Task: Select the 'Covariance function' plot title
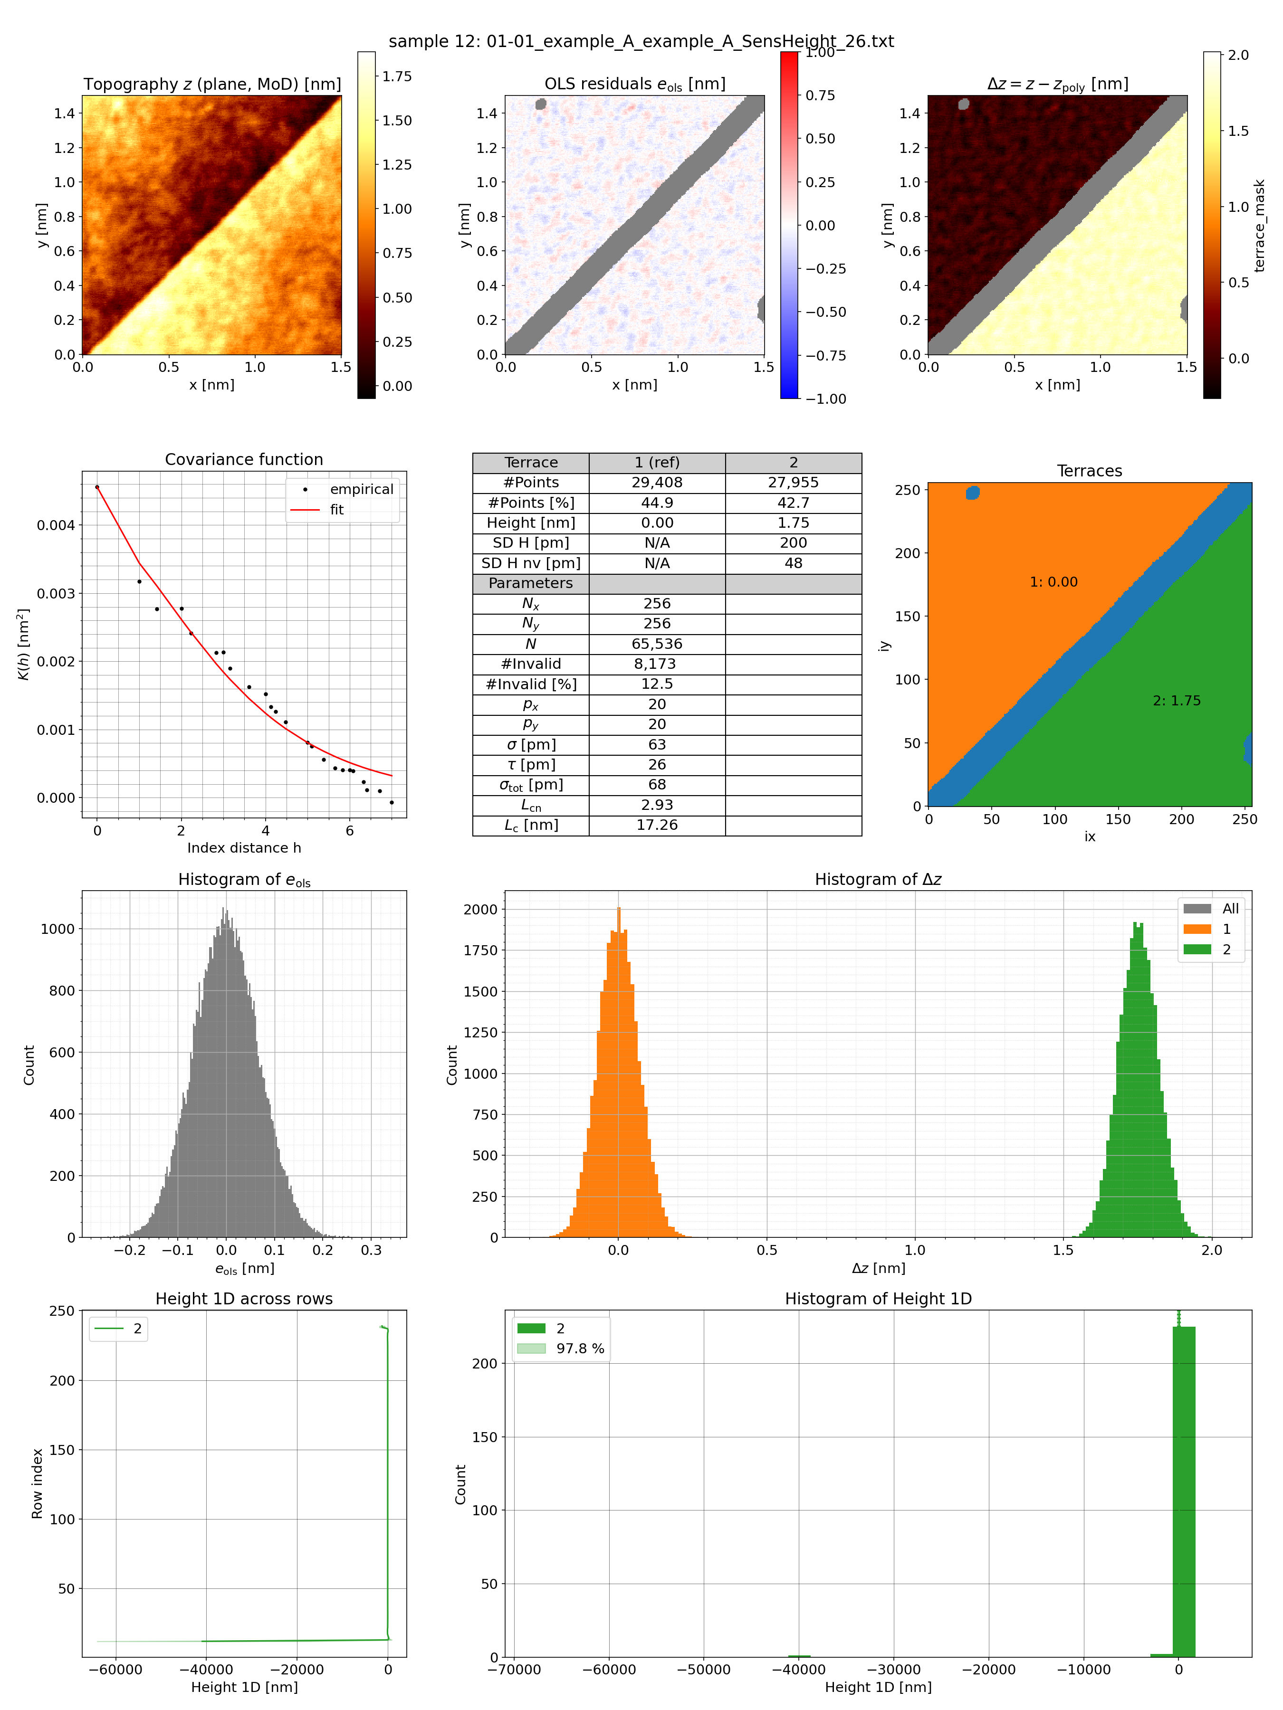244,459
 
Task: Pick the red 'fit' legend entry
336,510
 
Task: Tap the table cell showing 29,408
657,483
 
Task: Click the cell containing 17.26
657,825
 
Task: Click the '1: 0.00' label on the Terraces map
1053,582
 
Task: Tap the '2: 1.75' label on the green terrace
1176,701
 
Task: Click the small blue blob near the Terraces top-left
973,493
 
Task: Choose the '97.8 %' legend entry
579,1348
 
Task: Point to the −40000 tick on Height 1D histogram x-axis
799,1669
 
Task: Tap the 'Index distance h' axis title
244,847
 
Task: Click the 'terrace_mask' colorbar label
1259,226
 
